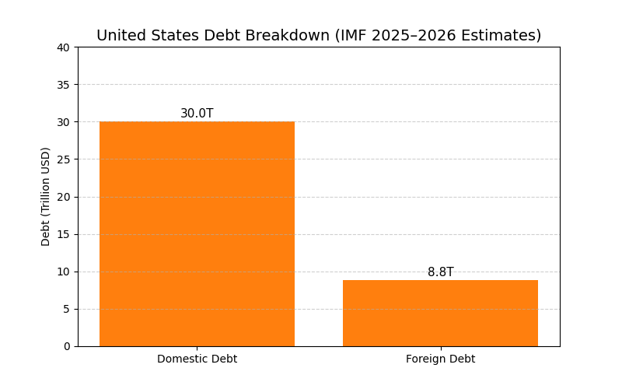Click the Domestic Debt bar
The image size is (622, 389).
pos(197,233)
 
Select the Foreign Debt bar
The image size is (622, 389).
pos(440,313)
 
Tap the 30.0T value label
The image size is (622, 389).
pos(197,114)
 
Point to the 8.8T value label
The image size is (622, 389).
pos(440,272)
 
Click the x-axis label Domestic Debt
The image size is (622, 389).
pos(197,359)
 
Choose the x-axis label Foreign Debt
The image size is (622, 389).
pos(440,359)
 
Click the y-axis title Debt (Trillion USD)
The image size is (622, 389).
pos(46,196)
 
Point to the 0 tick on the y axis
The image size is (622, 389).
pos(66,346)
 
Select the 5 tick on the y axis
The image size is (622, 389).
pos(66,309)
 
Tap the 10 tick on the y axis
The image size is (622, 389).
pos(64,272)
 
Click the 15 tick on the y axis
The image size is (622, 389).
pos(64,234)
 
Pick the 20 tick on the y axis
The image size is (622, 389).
pos(64,197)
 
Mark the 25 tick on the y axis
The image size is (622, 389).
pos(64,159)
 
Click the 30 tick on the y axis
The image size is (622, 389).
pos(64,122)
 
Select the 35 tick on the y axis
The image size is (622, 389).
pos(64,85)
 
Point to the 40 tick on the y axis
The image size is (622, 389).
pos(64,47)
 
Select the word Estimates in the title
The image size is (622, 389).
pos(503,36)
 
